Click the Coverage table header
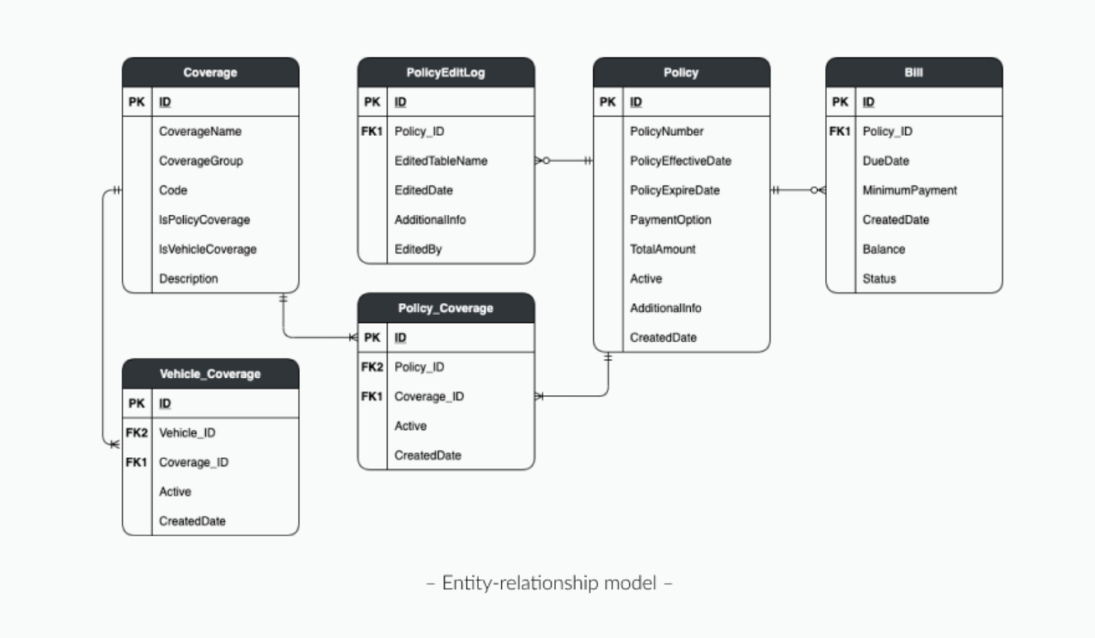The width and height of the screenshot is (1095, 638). (x=210, y=73)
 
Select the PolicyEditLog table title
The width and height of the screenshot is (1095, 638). (x=446, y=73)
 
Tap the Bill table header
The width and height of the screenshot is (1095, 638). (x=913, y=73)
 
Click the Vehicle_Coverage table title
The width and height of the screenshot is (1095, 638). (x=210, y=374)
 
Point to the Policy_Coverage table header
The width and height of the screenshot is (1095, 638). (x=446, y=308)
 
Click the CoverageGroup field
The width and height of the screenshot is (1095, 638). (x=201, y=161)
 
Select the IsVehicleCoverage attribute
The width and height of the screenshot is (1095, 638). (x=207, y=249)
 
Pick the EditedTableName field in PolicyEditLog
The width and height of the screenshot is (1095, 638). (x=441, y=161)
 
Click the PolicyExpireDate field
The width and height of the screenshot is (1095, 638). (x=674, y=190)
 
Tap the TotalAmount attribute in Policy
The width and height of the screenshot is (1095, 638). (x=662, y=249)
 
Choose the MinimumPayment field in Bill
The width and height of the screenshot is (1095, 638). (x=910, y=190)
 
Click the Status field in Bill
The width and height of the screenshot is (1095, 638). (x=879, y=279)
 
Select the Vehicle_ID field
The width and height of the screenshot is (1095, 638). (x=187, y=433)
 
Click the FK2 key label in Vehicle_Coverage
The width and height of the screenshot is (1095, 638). (x=136, y=433)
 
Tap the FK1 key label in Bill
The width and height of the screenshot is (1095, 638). (x=840, y=131)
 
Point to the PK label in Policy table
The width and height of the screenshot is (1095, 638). (x=607, y=102)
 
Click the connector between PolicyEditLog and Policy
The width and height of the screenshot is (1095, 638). (x=564, y=161)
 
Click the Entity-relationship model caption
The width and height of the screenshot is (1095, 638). (x=549, y=583)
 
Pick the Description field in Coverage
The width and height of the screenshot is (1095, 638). (x=188, y=279)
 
